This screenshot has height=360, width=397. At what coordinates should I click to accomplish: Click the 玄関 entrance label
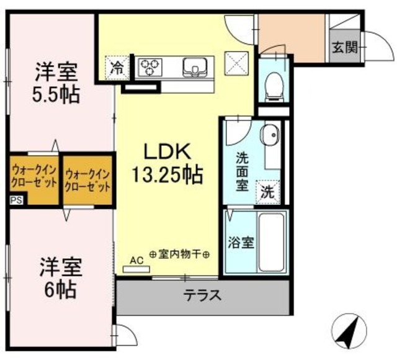pyautogui.click(x=344, y=47)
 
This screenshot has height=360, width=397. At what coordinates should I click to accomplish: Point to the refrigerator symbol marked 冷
pyautogui.click(x=116, y=66)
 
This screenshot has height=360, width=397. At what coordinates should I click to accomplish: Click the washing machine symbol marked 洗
pyautogui.click(x=267, y=192)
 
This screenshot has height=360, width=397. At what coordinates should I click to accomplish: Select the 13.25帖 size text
pyautogui.click(x=166, y=176)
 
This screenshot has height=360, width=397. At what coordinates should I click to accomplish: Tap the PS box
pyautogui.click(x=14, y=200)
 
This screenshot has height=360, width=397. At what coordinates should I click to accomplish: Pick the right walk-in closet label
pyautogui.click(x=87, y=180)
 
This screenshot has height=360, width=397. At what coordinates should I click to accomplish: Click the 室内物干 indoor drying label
pyautogui.click(x=181, y=255)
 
